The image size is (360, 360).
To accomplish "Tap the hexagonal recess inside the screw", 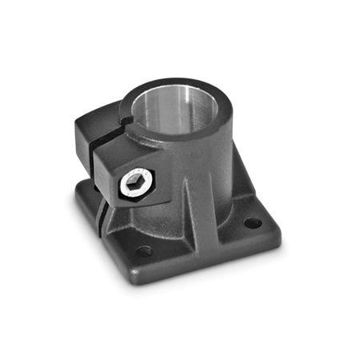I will tap(133, 184).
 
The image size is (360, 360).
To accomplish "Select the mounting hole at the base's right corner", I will tap(251, 223).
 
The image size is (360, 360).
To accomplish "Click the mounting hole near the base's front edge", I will tap(144, 251).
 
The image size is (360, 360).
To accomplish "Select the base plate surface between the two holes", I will tap(200, 240).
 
